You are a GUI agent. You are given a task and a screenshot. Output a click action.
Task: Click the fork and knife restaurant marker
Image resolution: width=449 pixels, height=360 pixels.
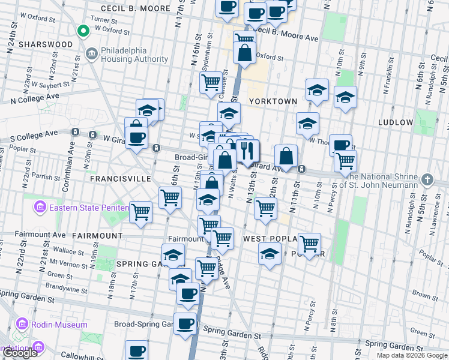point(248,151)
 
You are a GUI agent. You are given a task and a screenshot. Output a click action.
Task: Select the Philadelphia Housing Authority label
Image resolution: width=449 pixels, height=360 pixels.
point(134,55)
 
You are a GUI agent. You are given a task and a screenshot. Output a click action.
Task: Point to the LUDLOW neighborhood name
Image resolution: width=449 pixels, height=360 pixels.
point(396,122)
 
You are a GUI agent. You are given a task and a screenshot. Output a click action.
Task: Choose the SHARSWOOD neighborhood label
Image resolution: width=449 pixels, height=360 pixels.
point(46,44)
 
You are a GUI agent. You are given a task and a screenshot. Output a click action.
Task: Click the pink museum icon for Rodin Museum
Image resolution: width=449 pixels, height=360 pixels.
point(22,325)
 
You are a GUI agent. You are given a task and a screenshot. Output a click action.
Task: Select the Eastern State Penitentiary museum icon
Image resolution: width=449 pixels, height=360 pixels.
point(40,208)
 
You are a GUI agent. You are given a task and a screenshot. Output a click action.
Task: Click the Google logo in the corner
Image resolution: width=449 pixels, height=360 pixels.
point(20,353)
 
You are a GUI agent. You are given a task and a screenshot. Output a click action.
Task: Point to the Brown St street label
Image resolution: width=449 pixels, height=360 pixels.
point(421,296)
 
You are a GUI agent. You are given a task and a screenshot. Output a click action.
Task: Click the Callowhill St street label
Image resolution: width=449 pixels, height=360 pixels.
point(78,355)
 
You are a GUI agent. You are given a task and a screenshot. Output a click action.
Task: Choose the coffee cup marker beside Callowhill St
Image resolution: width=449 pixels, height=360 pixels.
point(136,350)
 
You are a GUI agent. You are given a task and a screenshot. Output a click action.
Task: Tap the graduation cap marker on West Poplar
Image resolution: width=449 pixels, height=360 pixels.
point(270,252)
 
